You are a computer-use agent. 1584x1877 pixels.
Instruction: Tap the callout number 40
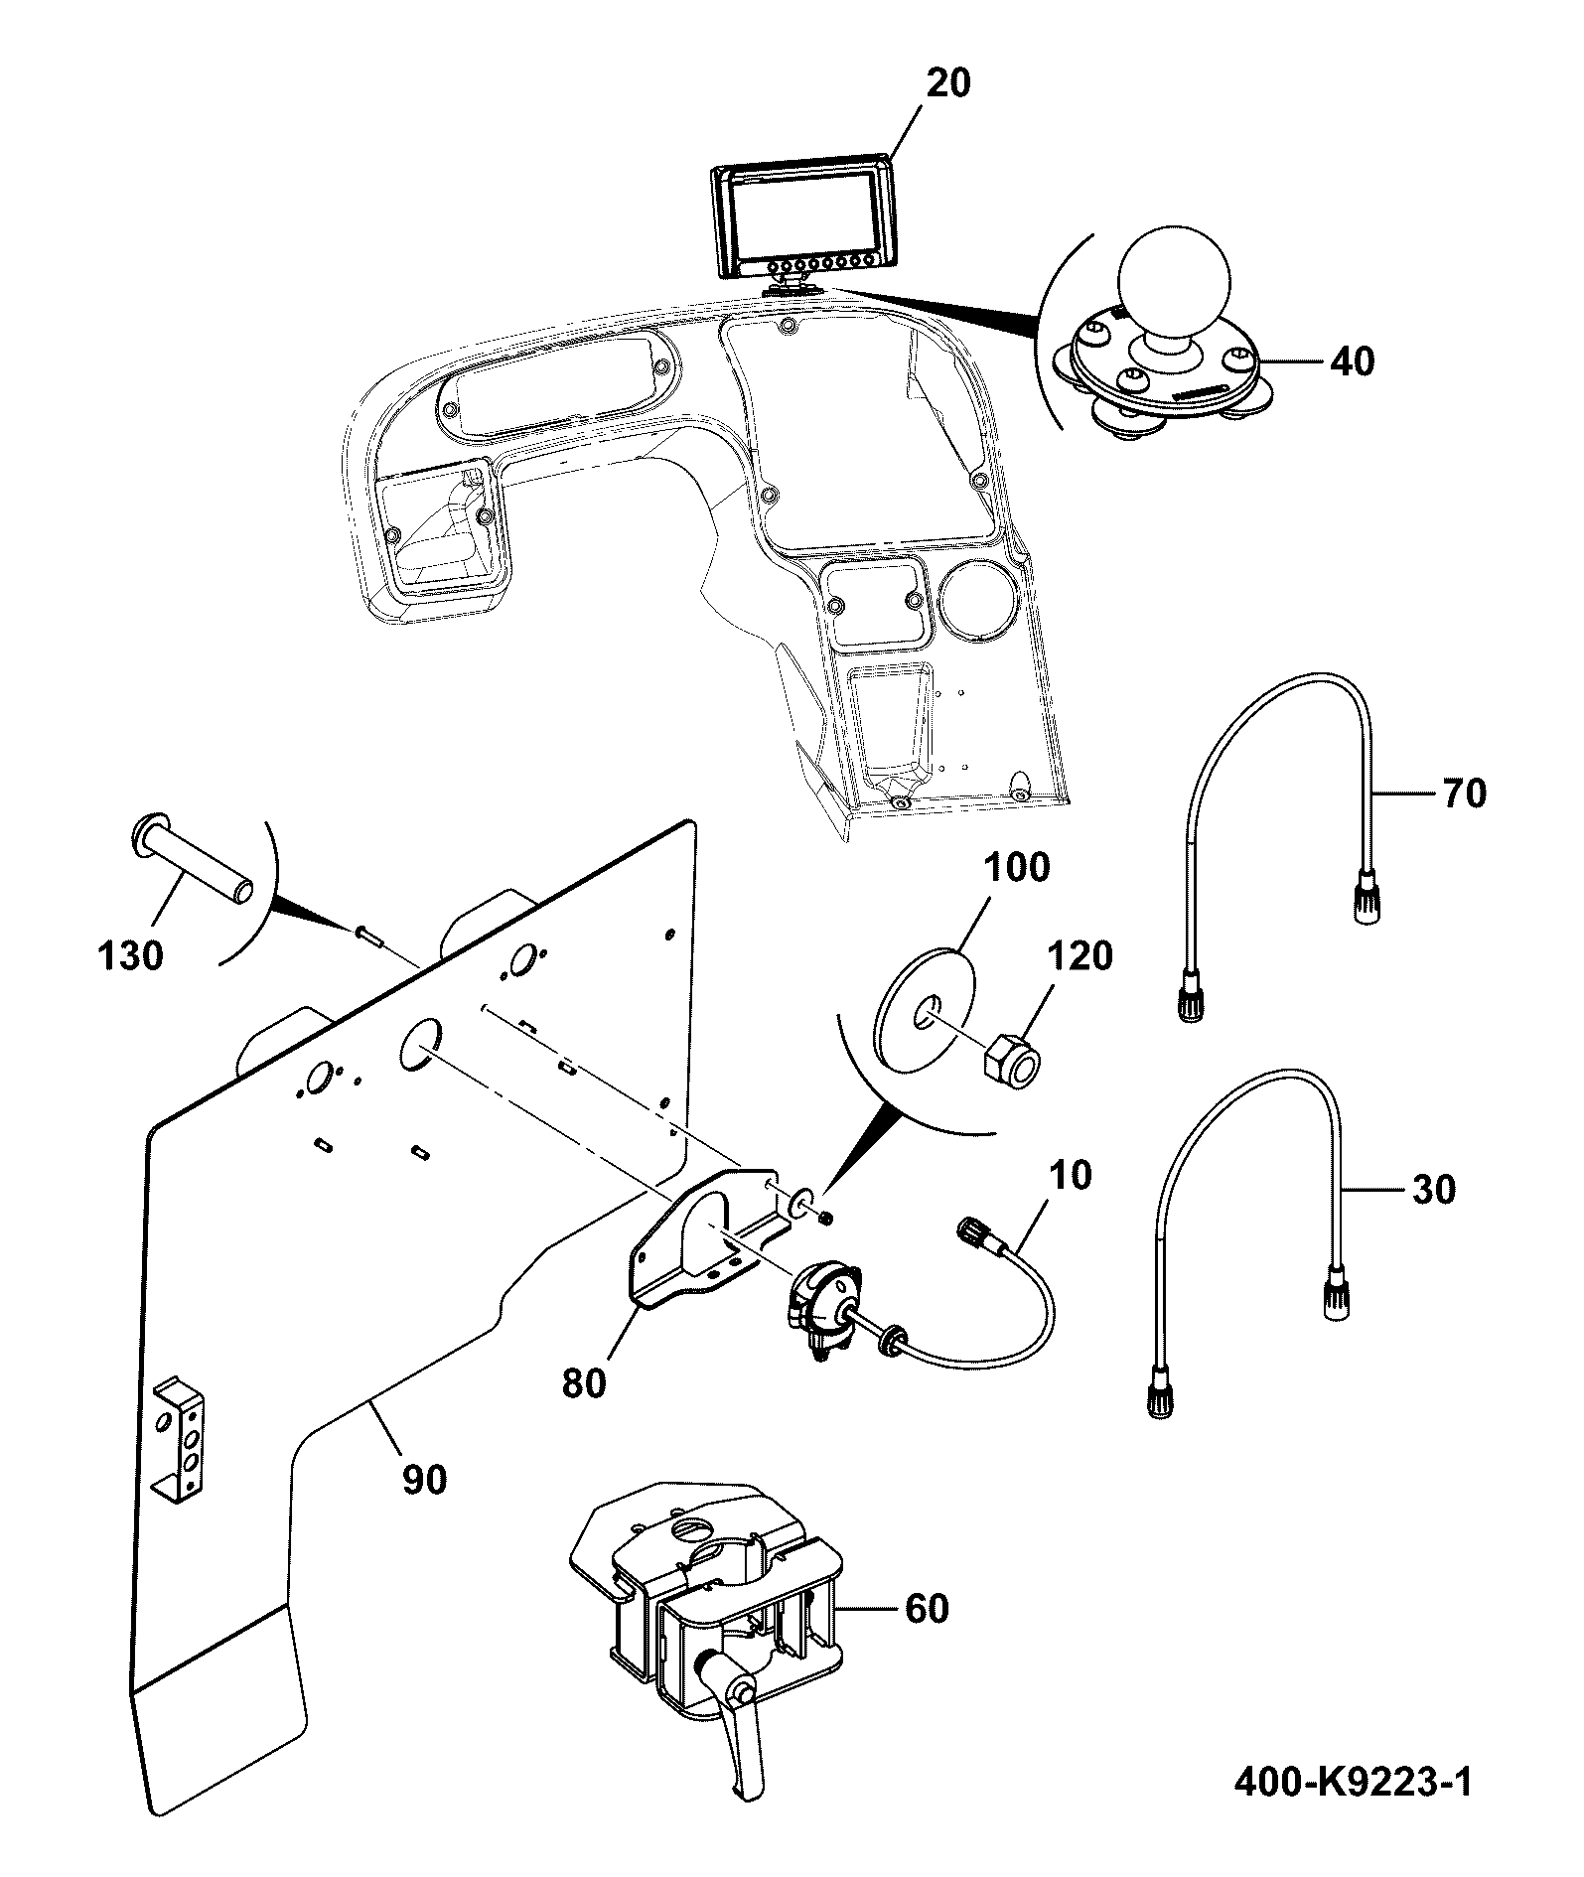[x=1352, y=361]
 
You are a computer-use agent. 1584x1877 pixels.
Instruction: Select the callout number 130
[x=131, y=955]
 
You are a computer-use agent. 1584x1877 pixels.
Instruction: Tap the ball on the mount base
[x=1174, y=279]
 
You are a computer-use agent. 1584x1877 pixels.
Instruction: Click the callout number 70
[x=1463, y=794]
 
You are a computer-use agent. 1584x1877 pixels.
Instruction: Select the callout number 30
[x=1432, y=1189]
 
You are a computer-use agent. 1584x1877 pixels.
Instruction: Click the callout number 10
[x=1069, y=1175]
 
